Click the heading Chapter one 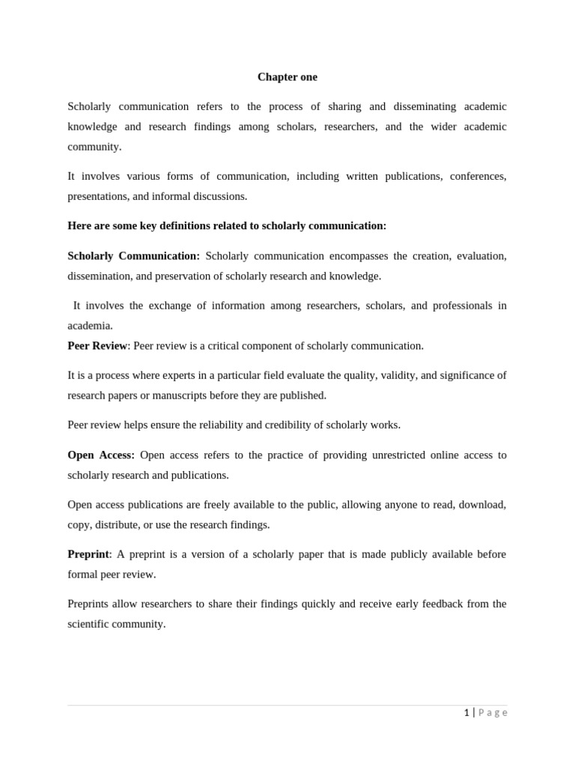tap(287, 77)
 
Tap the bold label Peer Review tap(97, 345)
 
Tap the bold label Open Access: tap(101, 455)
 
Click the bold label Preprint tap(88, 554)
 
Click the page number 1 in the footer tap(466, 712)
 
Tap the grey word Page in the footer tap(493, 712)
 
